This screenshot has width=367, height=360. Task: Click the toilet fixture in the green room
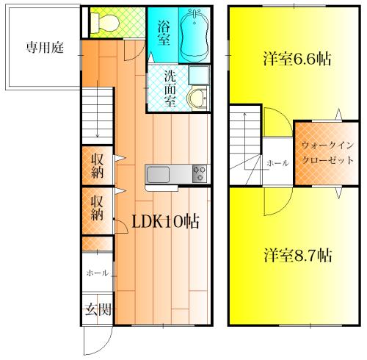105,22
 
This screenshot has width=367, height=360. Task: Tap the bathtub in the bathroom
195,35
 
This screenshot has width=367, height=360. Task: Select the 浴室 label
163,33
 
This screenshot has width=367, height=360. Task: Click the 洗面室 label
170,88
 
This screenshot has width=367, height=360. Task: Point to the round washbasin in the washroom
198,98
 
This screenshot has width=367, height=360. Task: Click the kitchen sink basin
158,175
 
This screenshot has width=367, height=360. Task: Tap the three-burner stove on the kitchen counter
200,174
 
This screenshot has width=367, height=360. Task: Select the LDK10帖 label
165,221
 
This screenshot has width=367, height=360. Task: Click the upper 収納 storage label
97,166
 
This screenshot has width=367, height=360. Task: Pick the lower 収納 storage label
97,208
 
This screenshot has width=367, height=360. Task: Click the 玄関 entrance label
98,310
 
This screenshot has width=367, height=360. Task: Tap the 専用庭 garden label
45,47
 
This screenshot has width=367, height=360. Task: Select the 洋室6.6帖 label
297,59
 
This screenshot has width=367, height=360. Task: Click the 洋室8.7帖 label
298,255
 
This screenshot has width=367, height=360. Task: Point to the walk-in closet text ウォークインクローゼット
327,153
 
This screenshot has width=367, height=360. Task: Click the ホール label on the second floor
277,163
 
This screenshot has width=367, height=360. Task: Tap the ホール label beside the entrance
97,273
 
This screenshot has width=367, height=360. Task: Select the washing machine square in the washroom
199,75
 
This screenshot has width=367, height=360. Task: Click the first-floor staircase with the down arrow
98,116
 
